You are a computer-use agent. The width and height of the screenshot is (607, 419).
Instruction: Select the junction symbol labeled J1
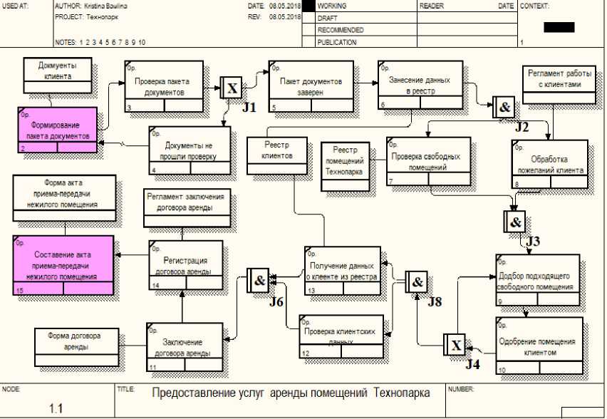[232, 88]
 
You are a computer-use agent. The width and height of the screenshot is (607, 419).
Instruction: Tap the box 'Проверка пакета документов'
[164, 86]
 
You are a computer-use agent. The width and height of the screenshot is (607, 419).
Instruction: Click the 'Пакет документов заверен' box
[311, 86]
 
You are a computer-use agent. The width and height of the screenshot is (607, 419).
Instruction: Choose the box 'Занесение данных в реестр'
[420, 86]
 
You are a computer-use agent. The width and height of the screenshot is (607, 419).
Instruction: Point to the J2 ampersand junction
[503, 108]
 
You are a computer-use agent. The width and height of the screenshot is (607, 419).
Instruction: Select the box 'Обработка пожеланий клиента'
[549, 164]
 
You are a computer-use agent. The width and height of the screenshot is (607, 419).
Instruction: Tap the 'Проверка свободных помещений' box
[429, 161]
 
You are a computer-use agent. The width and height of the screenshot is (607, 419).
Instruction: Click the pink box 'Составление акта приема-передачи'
[63, 264]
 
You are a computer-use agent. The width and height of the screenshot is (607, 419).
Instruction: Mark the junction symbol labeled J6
[258, 280]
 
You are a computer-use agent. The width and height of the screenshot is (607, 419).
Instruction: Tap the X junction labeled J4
[455, 346]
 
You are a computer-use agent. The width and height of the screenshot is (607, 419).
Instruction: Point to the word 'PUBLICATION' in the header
[337, 42]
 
